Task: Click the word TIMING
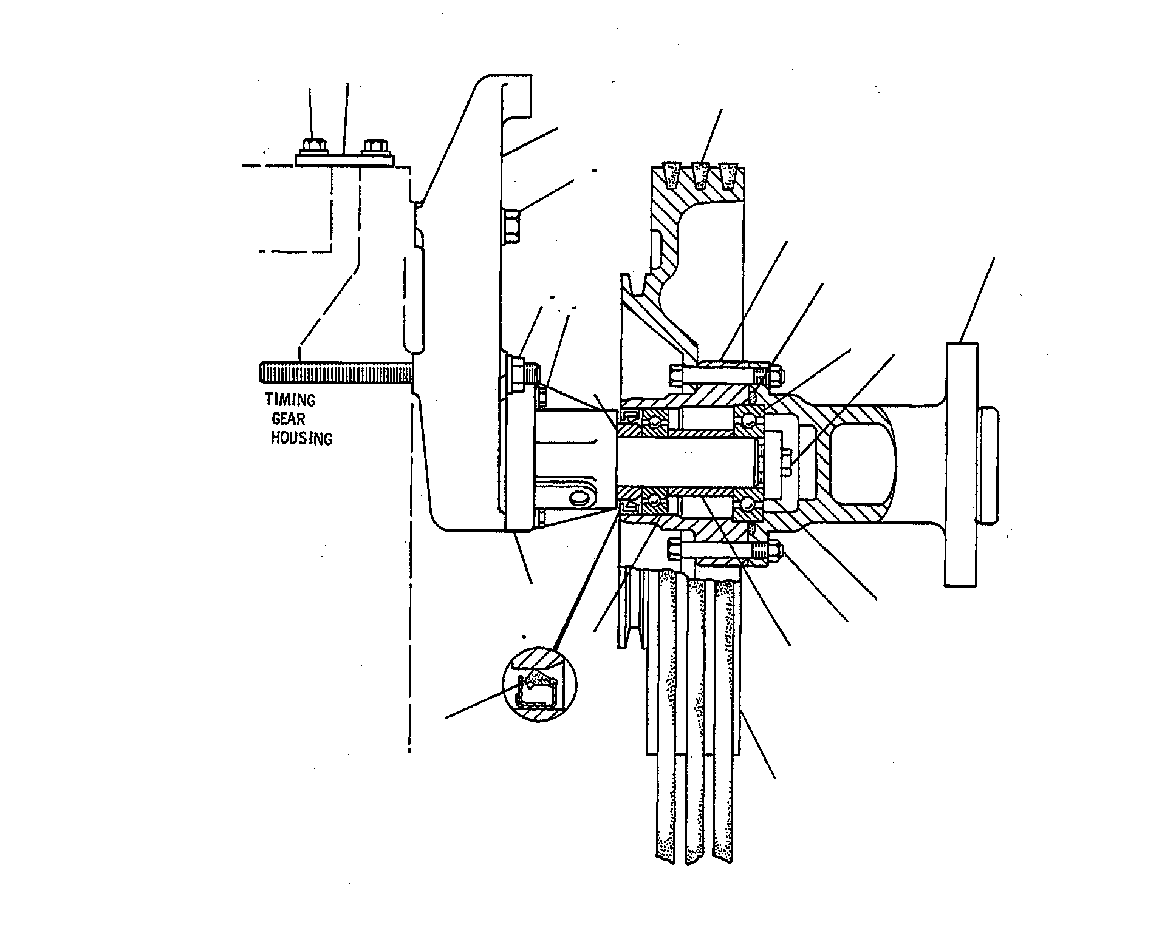click(290, 400)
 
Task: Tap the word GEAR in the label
click(289, 419)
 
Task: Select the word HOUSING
click(302, 438)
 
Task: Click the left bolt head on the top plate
click(313, 146)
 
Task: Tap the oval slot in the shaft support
click(581, 498)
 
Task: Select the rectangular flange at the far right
click(962, 464)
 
